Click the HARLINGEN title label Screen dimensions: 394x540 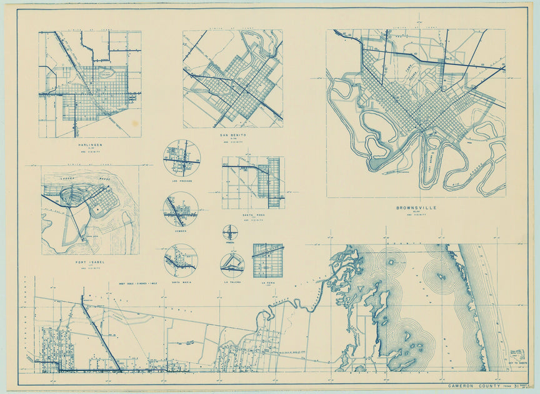click(90, 144)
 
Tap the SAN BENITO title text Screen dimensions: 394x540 click(233, 134)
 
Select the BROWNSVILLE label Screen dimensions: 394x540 click(416, 208)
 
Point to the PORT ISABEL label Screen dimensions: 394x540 click(90, 262)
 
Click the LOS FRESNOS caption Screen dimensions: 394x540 click(182, 181)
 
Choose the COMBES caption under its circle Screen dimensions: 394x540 click(181, 230)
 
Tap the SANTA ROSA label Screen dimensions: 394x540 click(254, 215)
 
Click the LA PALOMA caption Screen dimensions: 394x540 click(232, 282)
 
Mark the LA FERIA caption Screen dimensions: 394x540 click(267, 282)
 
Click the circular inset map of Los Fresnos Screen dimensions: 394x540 click(182, 158)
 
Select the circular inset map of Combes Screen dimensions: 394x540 click(181, 209)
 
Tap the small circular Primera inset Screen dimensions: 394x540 click(230, 233)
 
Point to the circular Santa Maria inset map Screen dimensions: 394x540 click(181, 260)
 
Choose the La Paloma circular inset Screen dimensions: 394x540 click(232, 265)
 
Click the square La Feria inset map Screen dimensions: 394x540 click(267, 260)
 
